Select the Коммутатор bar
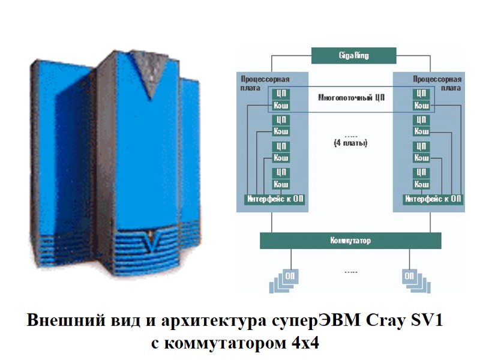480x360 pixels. click(x=350, y=241)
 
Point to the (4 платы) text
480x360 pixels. click(x=350, y=143)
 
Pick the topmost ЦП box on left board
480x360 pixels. click(x=280, y=94)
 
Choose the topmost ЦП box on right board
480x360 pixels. click(x=422, y=94)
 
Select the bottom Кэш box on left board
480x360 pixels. click(x=280, y=184)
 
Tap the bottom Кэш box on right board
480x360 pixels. click(x=422, y=184)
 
